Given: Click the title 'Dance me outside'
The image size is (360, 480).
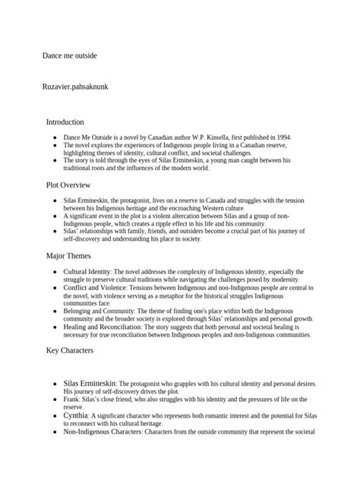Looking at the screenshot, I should (70, 55).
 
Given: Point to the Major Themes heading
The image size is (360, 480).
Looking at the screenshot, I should (69, 256).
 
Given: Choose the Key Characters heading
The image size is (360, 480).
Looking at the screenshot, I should (71, 350).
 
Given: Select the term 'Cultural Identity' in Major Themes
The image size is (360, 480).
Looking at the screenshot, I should (87, 271).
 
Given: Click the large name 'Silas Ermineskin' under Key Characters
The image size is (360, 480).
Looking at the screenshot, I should (90, 384).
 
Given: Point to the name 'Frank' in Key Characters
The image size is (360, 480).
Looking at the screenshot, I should (72, 399).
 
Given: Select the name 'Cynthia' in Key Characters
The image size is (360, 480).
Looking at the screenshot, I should (77, 416).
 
